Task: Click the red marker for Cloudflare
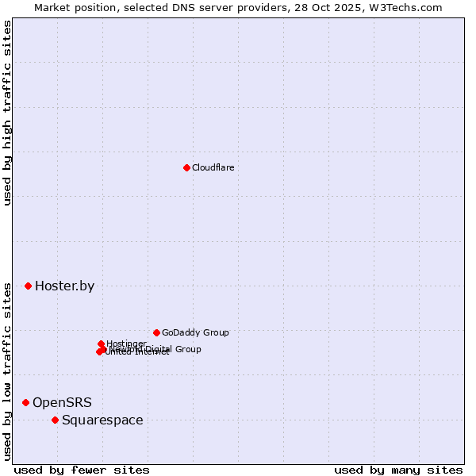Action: point(186,167)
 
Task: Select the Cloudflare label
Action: point(213,167)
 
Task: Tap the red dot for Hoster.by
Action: point(28,286)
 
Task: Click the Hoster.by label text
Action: point(64,286)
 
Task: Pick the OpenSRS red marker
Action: point(25,403)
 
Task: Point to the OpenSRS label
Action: point(62,403)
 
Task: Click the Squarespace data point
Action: point(55,420)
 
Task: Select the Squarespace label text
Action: point(102,420)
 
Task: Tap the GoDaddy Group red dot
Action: point(156,332)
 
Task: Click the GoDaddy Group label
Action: point(195,332)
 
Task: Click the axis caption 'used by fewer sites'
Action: point(82,470)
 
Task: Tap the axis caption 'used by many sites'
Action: point(398,470)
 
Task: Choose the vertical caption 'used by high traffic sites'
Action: point(7,113)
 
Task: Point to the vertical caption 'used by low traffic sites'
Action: point(7,370)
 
